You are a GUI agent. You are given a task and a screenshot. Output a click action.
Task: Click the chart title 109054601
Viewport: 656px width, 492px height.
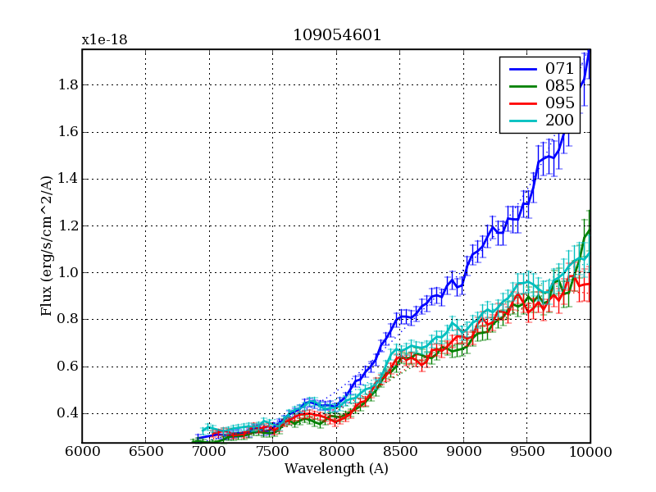[336, 35]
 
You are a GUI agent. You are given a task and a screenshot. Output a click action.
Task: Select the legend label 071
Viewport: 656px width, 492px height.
[560, 68]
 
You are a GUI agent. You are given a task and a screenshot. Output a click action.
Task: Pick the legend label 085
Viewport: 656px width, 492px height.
[560, 85]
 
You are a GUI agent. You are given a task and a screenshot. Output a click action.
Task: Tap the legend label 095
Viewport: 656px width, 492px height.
[560, 103]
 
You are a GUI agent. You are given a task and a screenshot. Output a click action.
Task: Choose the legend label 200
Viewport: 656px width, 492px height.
[560, 121]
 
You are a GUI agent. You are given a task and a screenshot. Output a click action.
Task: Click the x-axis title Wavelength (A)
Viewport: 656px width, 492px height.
[336, 469]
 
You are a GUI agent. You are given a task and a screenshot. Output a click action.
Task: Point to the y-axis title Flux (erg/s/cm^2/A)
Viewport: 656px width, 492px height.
[47, 246]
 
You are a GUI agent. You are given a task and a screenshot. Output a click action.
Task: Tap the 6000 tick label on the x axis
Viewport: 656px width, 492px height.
[82, 452]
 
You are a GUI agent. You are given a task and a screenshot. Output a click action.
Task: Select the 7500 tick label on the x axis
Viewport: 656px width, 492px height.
[272, 452]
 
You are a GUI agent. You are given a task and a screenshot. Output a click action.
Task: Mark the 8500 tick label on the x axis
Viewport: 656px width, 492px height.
[399, 452]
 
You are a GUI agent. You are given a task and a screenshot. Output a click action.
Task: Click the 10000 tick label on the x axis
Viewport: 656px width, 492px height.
[590, 452]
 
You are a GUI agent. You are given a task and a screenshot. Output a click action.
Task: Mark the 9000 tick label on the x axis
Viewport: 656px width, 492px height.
[463, 452]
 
